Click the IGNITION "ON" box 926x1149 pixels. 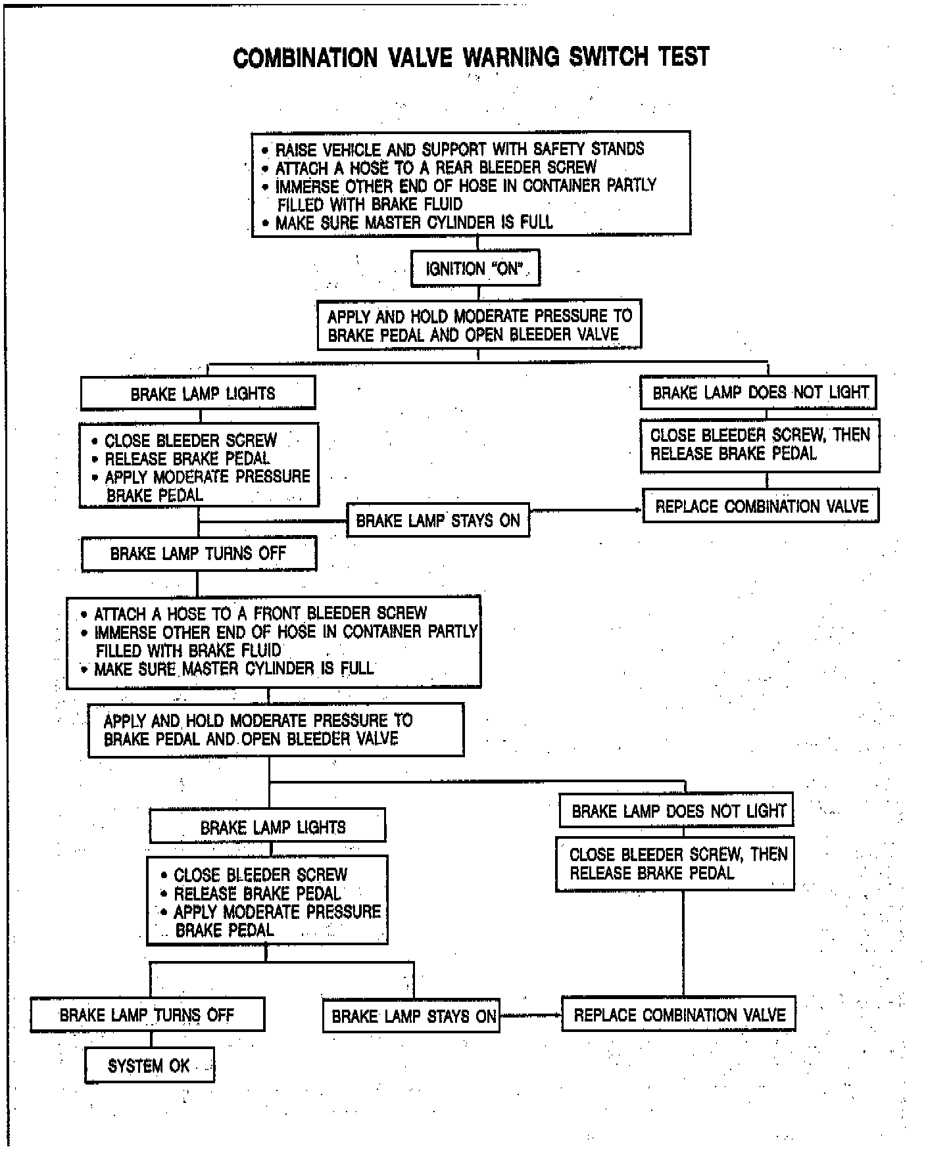pos(475,268)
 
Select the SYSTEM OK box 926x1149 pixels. pos(149,1066)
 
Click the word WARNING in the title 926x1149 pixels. pos(511,57)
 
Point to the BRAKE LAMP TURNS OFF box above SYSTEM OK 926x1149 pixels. pos(147,1015)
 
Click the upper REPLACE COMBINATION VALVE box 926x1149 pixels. pos(761,506)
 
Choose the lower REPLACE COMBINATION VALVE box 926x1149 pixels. pos(679,1015)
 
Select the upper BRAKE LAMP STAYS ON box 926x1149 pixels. pos(438,521)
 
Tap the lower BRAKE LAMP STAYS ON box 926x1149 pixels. pos(412,1016)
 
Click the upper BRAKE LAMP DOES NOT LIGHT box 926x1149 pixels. pos(759,393)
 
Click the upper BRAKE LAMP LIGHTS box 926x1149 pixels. pos(198,394)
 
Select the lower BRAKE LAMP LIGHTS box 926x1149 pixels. pos(268,827)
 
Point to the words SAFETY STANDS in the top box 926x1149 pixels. pos(597,149)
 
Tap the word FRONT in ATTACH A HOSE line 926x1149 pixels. pos(277,614)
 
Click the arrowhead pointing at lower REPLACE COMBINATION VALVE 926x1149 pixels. pos(558,1016)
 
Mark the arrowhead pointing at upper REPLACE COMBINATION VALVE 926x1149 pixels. pos(639,510)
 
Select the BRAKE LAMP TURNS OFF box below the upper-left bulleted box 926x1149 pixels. pos(198,553)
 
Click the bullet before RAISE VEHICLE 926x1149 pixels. pos(265,150)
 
